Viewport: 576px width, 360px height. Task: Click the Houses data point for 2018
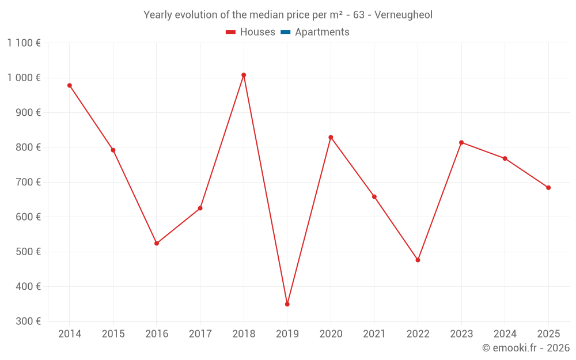(x=244, y=75)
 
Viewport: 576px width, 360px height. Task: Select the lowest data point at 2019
(x=287, y=304)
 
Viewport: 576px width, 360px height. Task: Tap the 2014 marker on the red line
(x=70, y=85)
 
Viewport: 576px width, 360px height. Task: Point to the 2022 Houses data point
(x=418, y=260)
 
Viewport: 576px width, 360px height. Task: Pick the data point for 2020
(x=331, y=137)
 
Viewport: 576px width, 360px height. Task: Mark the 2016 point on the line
(x=157, y=243)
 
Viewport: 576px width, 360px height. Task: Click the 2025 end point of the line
(x=548, y=188)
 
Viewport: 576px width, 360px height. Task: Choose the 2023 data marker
(x=461, y=142)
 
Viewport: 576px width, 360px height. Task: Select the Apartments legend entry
(x=322, y=32)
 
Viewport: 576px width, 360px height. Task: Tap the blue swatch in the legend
(x=285, y=32)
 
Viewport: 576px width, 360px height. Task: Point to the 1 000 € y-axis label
(x=24, y=78)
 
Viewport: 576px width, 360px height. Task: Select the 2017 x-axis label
(x=200, y=334)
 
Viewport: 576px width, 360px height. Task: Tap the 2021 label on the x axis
(x=374, y=334)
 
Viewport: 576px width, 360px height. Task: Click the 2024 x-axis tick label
(x=505, y=334)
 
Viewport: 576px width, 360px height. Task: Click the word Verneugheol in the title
(x=403, y=15)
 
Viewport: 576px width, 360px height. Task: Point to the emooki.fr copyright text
(x=526, y=348)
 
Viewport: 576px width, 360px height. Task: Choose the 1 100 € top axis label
(x=24, y=43)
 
